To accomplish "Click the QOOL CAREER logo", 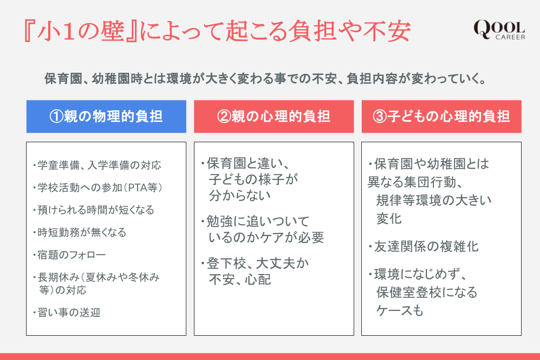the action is (499, 30).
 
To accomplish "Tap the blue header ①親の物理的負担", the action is (106, 117).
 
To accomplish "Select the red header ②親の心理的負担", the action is (274, 117).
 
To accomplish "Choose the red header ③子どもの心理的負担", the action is (441, 117).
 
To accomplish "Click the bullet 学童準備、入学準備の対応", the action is (97, 166).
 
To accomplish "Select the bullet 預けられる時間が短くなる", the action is (94, 210).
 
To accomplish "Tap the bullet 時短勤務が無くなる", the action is (80, 233).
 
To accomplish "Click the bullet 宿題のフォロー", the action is (69, 255).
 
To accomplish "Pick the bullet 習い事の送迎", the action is (67, 312).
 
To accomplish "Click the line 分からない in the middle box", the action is (239, 196).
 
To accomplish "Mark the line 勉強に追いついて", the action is (255, 221).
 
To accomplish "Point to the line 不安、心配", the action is (239, 280).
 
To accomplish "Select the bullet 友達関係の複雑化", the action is (423, 247).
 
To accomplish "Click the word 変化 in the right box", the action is (389, 219).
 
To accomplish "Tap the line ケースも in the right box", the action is (400, 310).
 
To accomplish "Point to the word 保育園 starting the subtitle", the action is (63, 79).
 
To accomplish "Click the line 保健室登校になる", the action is (427, 292).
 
